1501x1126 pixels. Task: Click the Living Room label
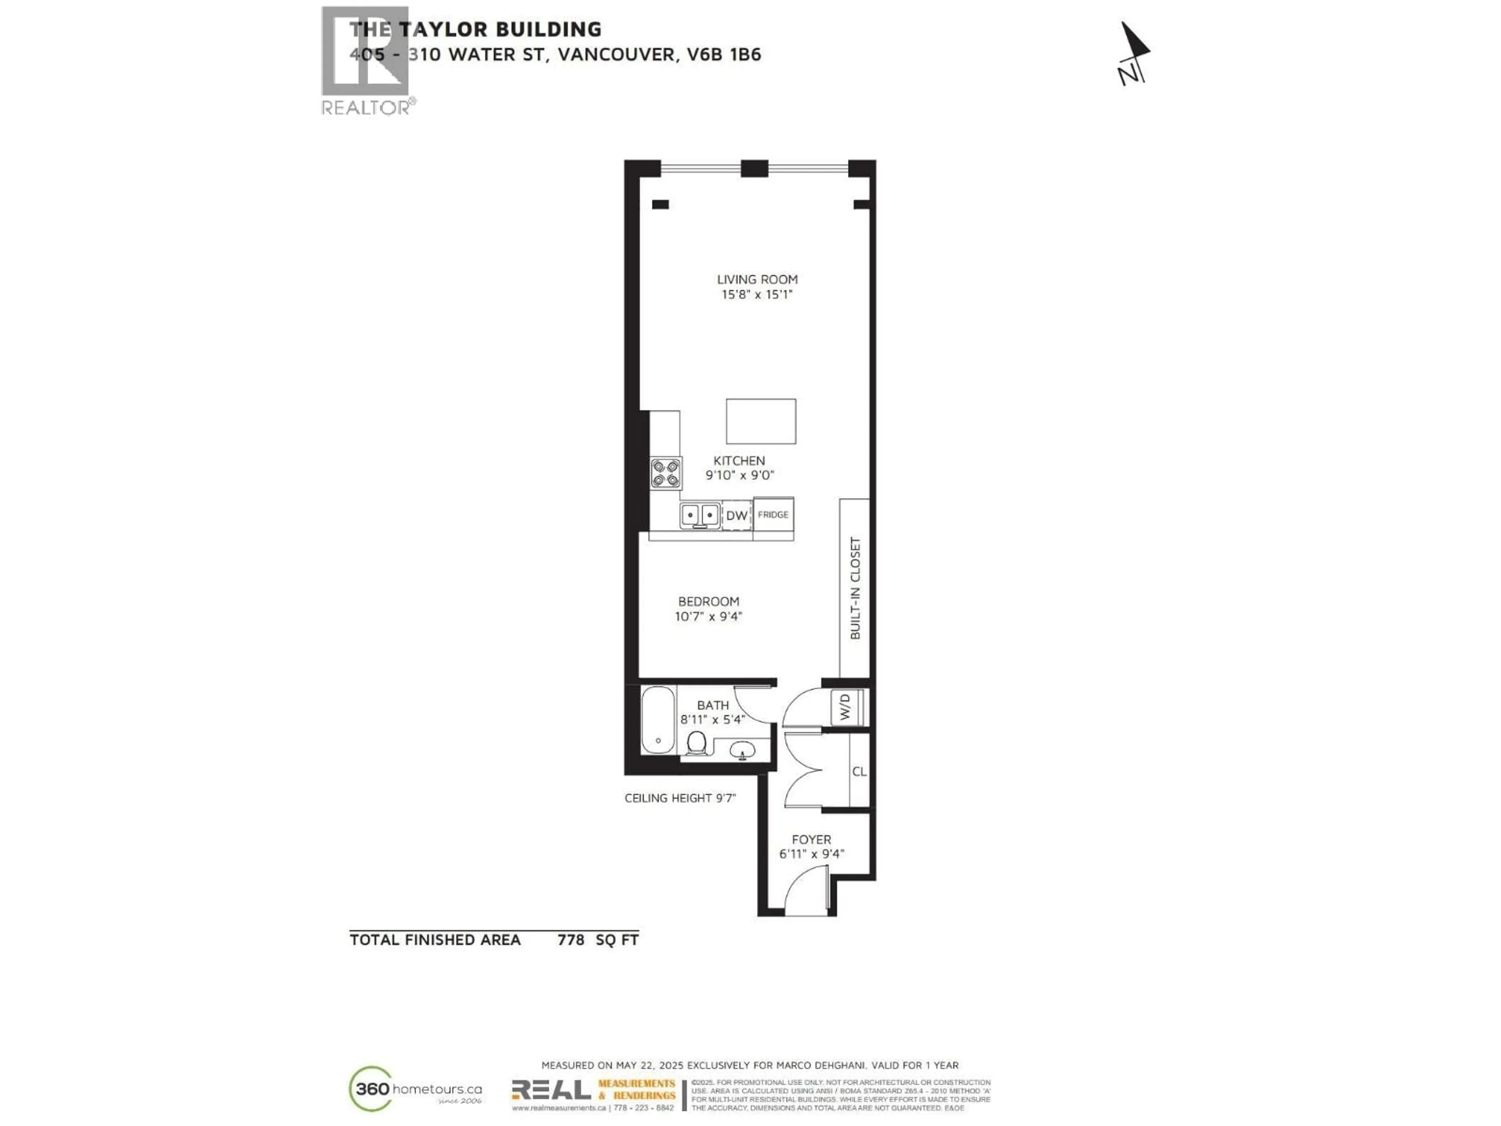pos(757,279)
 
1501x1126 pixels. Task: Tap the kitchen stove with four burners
pos(666,473)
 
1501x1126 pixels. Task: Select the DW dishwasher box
pos(736,515)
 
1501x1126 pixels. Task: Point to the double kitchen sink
pos(700,515)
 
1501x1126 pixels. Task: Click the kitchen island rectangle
pos(761,421)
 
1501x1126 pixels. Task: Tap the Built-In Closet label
pos(855,588)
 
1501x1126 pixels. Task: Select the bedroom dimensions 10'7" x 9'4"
pos(708,616)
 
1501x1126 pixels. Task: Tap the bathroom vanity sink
pos(742,750)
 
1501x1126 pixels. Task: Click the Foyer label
pos(811,839)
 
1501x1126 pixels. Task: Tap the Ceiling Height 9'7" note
pos(680,798)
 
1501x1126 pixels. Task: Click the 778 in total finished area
pos(571,940)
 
